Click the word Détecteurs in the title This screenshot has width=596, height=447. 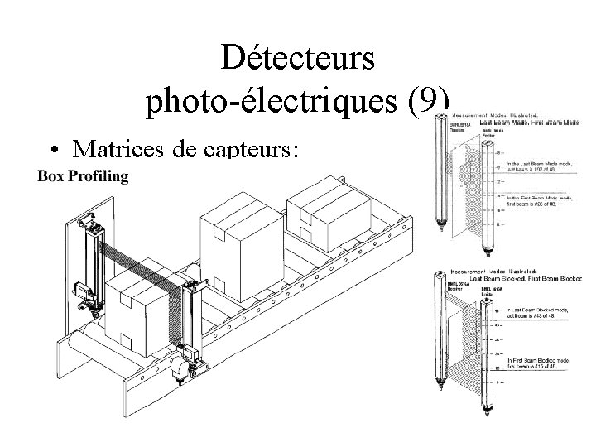click(x=298, y=59)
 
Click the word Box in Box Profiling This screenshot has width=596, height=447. click(x=53, y=176)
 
